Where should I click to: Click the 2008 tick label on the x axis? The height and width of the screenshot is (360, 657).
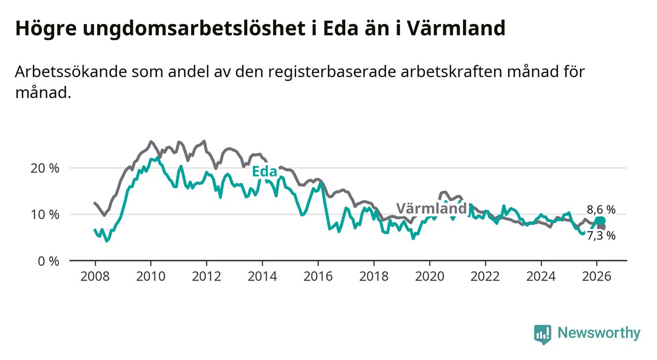pos(95,276)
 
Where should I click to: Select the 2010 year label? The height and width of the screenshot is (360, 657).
pos(151,276)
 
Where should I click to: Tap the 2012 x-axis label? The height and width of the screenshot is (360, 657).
pos(206,276)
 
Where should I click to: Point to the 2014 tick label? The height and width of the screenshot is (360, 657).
pos(262,276)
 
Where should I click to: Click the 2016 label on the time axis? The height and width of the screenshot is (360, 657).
pos(318,276)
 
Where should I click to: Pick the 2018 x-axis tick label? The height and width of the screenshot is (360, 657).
pos(374,276)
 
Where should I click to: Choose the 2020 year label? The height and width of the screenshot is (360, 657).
pos(429,276)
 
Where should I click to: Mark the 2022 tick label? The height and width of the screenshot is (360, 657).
pos(485,276)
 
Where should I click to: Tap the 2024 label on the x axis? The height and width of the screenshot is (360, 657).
pos(541,276)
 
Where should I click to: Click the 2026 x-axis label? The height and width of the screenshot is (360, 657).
pos(596,276)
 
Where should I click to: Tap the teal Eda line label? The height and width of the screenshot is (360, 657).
pos(264,172)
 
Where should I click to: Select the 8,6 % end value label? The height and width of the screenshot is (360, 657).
pos(601,210)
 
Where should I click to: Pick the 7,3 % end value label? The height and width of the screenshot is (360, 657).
pos(601,236)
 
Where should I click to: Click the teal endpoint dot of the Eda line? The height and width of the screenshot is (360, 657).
pos(600,221)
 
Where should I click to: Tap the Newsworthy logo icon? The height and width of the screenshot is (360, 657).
pos(542,334)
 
